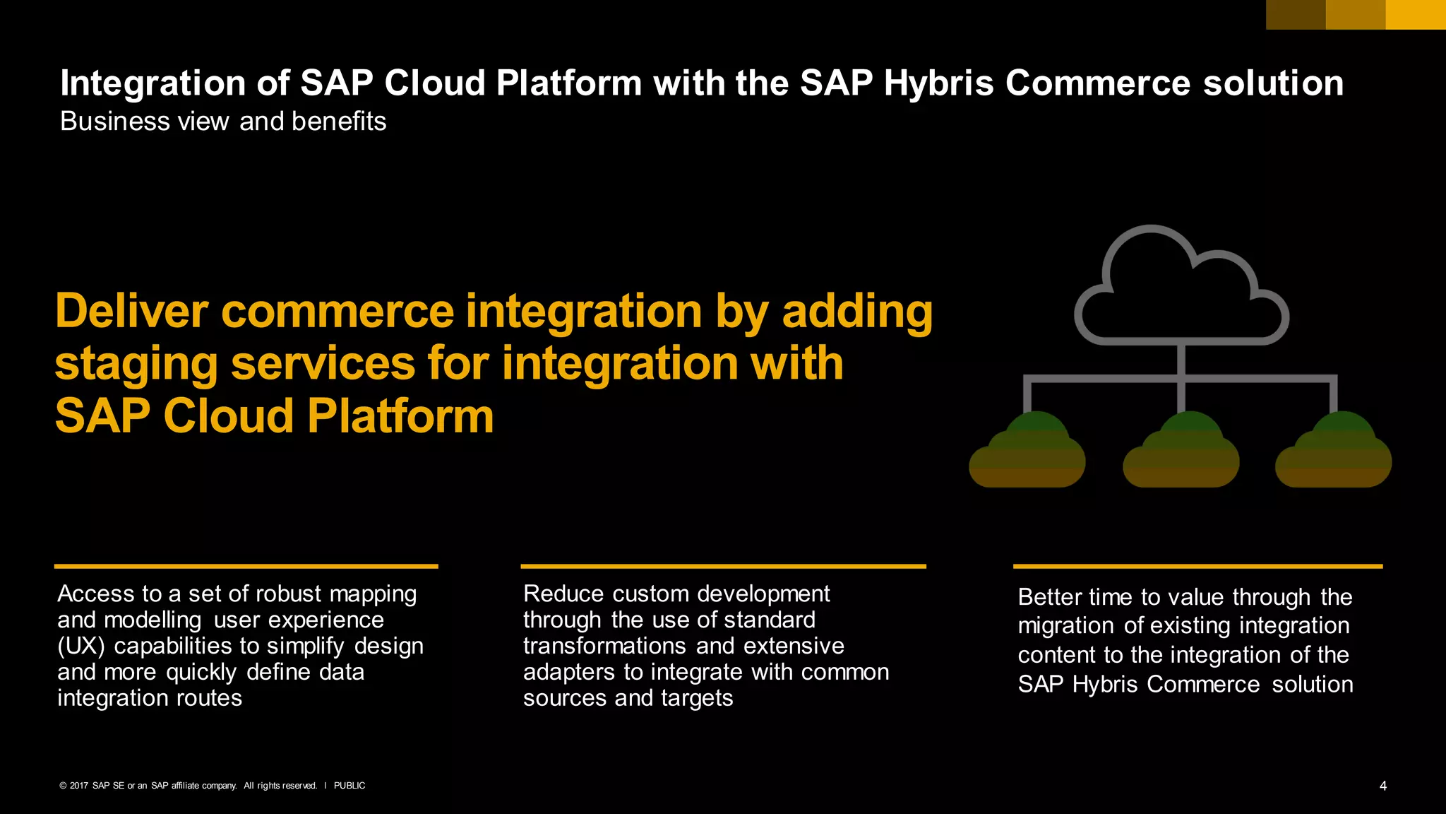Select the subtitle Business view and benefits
click(x=223, y=122)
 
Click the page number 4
click(x=1382, y=786)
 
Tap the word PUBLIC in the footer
click(x=349, y=786)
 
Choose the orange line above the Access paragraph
click(x=246, y=566)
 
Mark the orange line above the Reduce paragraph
click(x=723, y=566)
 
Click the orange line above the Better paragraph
click(x=1197, y=566)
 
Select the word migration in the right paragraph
click(x=1068, y=626)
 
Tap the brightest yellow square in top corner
click(x=1416, y=14)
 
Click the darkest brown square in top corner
click(x=1296, y=14)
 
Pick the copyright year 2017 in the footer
click(x=79, y=786)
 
